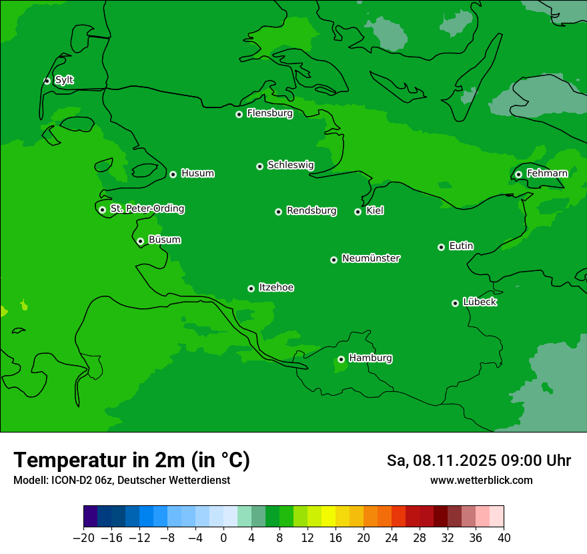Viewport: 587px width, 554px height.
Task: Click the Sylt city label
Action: pyautogui.click(x=64, y=80)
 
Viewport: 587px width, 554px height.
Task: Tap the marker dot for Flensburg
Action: pyautogui.click(x=239, y=114)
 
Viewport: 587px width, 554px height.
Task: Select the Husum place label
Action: pyautogui.click(x=197, y=174)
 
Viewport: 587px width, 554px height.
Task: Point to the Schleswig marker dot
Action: pyautogui.click(x=259, y=166)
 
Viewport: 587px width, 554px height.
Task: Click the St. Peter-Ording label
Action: pyautogui.click(x=147, y=209)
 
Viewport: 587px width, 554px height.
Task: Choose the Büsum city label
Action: pyautogui.click(x=164, y=240)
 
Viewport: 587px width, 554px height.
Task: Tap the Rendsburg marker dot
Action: pyautogui.click(x=278, y=212)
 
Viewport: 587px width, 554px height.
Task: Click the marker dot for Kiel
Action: pyautogui.click(x=358, y=212)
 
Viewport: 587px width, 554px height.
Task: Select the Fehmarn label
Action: pyautogui.click(x=547, y=174)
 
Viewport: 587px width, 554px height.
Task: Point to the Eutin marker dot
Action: pyautogui.click(x=441, y=247)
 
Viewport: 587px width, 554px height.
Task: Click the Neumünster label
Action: pyautogui.click(x=371, y=258)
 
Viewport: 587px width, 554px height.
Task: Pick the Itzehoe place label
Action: pyautogui.click(x=276, y=288)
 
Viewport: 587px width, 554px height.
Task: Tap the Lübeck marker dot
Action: pyautogui.click(x=455, y=303)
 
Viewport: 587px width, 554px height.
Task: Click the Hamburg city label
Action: pyautogui.click(x=370, y=358)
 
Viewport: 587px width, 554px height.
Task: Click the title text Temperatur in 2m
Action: pyautogui.click(x=131, y=461)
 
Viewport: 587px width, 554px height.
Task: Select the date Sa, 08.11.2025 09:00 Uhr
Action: pyautogui.click(x=478, y=461)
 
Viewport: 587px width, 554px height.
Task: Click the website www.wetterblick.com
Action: pyautogui.click(x=481, y=480)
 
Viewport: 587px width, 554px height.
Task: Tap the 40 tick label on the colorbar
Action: pyautogui.click(x=504, y=538)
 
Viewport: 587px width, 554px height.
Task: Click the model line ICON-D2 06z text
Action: pyautogui.click(x=121, y=480)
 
